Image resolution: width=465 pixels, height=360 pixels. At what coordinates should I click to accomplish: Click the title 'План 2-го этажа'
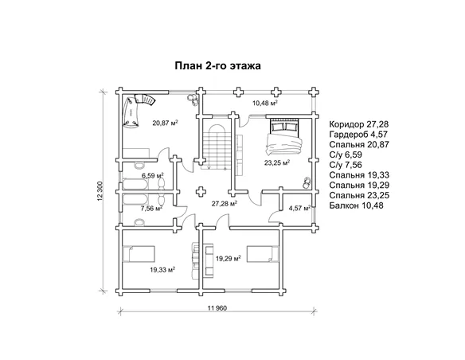[217, 65]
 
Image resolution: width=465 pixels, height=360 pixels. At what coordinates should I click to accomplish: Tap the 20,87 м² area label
[165, 123]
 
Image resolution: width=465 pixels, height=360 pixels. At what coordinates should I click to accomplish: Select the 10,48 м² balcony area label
[265, 103]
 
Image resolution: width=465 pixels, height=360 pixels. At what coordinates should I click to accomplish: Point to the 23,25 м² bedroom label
[277, 162]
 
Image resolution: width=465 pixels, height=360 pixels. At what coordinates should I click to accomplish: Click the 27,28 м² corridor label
[224, 203]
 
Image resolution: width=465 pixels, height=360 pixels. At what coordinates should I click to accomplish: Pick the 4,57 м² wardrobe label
[299, 208]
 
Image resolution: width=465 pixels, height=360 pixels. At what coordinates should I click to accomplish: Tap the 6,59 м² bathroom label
[153, 175]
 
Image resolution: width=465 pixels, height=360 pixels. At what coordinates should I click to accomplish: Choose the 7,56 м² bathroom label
[151, 208]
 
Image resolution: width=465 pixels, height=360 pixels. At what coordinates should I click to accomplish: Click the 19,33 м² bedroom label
[162, 269]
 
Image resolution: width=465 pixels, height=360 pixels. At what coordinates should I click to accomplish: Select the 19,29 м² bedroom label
[228, 259]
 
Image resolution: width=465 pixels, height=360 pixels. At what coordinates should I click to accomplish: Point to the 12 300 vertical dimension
[100, 191]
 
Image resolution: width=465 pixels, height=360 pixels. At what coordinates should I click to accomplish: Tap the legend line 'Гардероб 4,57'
[358, 135]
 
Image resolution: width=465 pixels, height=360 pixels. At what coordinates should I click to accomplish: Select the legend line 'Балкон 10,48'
[356, 205]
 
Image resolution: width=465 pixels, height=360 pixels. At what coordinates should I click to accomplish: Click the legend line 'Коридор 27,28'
[359, 124]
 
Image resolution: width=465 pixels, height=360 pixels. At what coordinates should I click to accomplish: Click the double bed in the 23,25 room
[284, 136]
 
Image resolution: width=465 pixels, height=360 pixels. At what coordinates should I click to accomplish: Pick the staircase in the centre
[217, 147]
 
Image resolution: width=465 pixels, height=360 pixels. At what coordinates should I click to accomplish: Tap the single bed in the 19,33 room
[139, 253]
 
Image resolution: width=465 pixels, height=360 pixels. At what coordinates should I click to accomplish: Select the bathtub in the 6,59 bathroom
[135, 184]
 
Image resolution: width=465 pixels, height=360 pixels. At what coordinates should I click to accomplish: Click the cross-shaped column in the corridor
[201, 192]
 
